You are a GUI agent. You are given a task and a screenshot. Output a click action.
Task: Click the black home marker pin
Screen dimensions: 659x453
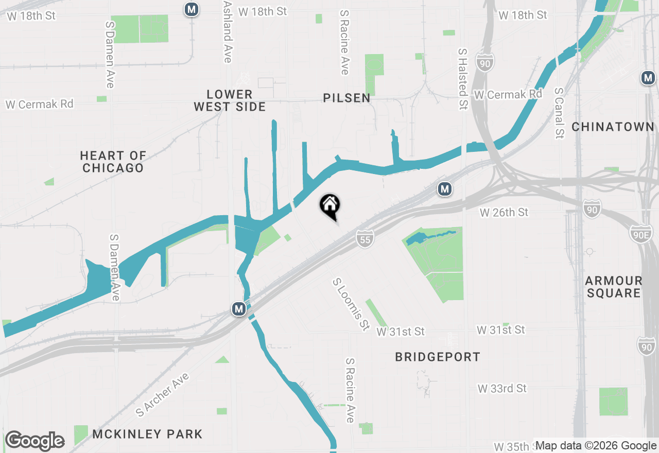330,206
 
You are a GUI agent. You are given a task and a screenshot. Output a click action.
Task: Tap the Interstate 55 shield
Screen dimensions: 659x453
365,239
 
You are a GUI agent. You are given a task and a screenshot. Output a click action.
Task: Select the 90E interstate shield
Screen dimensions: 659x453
640,233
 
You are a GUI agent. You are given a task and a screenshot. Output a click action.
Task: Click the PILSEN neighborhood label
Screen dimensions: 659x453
346,98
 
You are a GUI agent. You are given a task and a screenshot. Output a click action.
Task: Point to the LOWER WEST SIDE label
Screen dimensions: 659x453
230,100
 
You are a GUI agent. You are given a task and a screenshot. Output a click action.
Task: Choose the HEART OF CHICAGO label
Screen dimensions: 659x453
113,162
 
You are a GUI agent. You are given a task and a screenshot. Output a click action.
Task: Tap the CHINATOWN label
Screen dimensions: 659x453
613,127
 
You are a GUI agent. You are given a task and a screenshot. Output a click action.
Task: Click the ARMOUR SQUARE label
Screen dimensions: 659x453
613,287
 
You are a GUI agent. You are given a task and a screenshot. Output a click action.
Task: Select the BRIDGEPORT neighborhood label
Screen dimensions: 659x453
438,357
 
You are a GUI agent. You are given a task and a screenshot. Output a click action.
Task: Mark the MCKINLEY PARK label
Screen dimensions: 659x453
147,434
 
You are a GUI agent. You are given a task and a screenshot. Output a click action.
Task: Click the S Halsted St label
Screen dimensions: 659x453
463,79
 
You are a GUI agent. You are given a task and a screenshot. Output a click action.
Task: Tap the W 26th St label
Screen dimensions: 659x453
504,212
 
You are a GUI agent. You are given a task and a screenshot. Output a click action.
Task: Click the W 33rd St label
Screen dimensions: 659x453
502,388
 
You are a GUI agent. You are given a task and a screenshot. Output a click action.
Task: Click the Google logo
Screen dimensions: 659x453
34,441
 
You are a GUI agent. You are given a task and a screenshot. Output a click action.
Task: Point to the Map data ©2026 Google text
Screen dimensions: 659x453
596,446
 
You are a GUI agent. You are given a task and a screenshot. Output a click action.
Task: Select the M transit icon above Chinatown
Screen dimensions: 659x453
648,78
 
